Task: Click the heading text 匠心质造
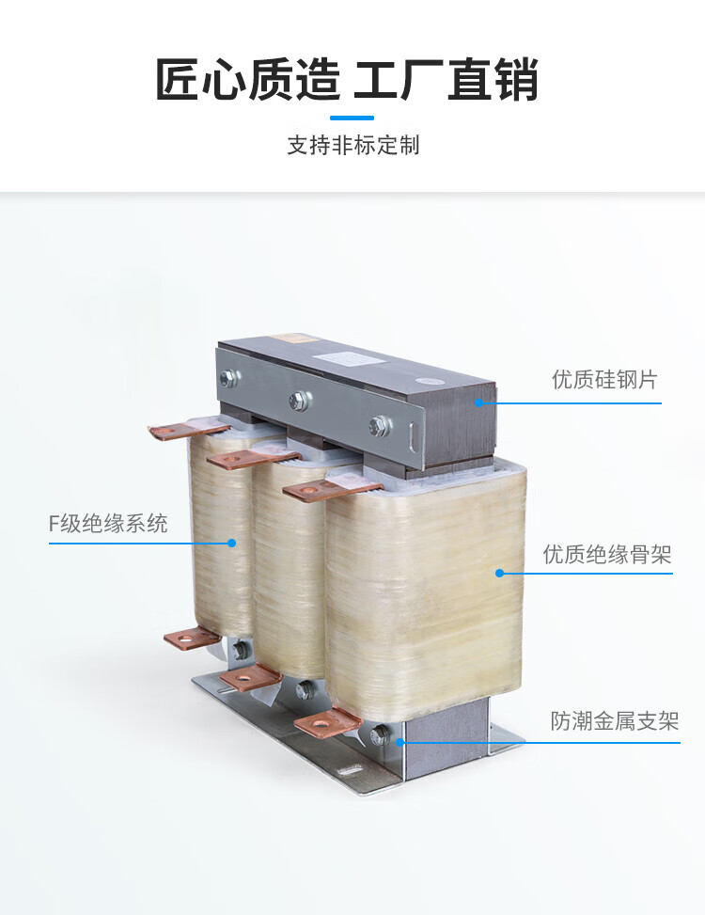(246, 79)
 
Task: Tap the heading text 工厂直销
(446, 79)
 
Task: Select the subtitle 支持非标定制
(352, 146)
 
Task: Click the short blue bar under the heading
(352, 118)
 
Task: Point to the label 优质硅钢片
(603, 381)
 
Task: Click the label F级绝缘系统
(108, 524)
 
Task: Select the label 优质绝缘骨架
(607, 555)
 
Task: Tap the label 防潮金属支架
(614, 721)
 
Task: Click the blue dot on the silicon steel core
(478, 402)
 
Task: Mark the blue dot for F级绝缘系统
(232, 543)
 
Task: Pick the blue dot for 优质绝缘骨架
(500, 572)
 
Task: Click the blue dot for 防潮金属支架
(399, 741)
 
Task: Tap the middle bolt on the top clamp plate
(296, 401)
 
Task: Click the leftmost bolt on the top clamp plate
(227, 379)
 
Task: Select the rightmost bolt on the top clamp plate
(379, 424)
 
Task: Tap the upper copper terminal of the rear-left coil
(188, 430)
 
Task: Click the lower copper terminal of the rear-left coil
(192, 639)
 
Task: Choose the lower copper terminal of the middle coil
(250, 677)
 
